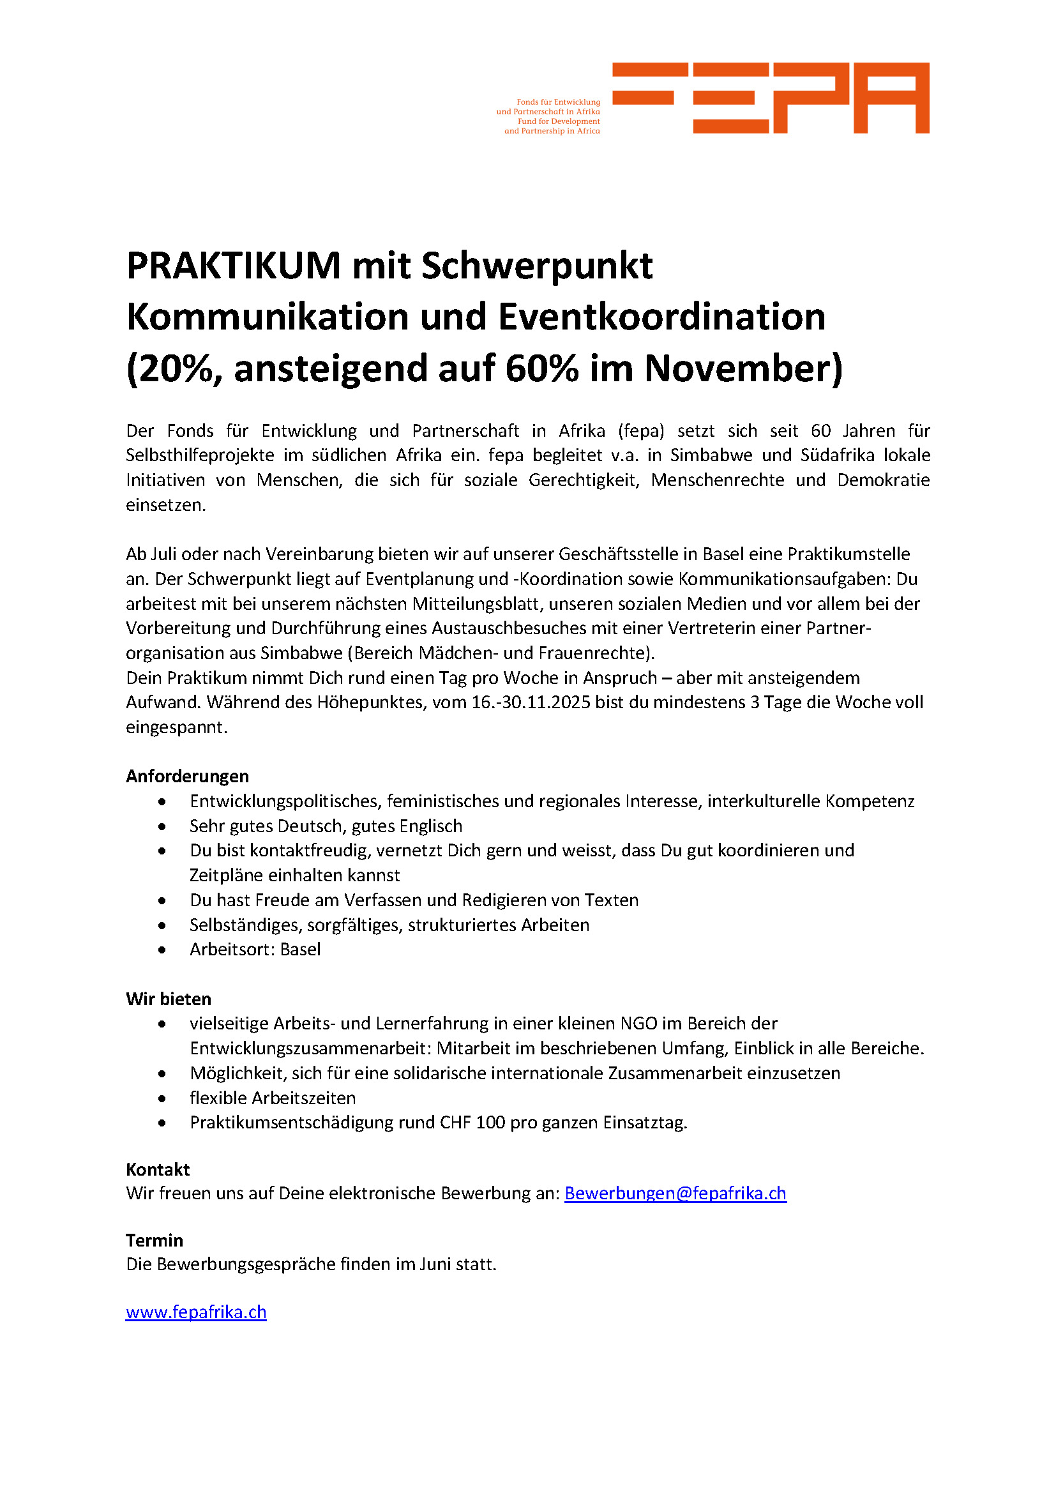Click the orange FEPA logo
pos(770,98)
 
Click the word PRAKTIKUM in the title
pos(233,266)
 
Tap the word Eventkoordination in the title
pos(661,317)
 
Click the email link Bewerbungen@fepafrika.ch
pos(675,1194)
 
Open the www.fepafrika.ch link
pos(196,1312)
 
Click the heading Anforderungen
pos(187,776)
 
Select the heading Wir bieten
pos(169,999)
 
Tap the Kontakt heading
pos(157,1169)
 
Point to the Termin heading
pos(154,1240)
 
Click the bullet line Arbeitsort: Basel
pos(255,950)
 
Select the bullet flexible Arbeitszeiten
pos(273,1098)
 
